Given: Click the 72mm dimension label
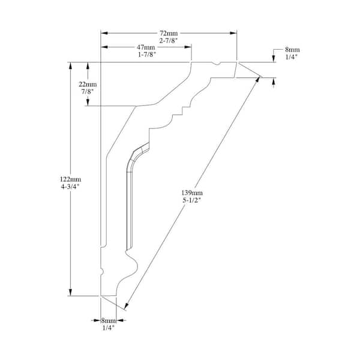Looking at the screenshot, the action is point(169,33).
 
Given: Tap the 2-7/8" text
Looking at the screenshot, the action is point(169,41).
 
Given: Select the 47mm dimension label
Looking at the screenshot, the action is point(146,47).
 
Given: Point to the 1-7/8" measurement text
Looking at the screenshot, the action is point(146,55).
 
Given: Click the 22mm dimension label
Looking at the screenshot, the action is point(88,84).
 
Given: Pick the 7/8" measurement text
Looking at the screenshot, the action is point(88,92).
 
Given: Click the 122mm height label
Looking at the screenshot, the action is point(70,179).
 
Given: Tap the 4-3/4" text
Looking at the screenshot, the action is point(70,187).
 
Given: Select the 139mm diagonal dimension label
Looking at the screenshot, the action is point(192,193).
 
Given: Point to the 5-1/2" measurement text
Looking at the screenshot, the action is point(192,200).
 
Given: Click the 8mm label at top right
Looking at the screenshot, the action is point(292,50).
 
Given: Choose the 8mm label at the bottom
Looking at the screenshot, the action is point(109,320).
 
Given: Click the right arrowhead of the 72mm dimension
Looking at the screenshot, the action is point(233,33).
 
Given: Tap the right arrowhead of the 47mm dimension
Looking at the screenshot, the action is point(188,47).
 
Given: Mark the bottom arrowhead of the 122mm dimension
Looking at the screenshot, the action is point(70,292).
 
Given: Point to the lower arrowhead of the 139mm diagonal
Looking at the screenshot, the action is point(126,306).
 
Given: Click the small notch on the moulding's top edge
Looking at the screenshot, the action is point(216,64).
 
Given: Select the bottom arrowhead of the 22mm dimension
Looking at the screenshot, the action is point(88,103).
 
